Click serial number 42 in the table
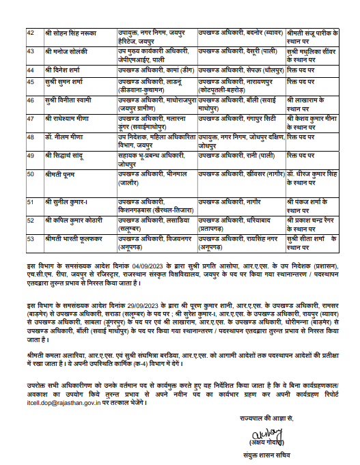point(31,33)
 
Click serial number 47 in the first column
point(31,118)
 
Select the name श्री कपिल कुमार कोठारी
point(72,221)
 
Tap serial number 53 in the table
point(31,238)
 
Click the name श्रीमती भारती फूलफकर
point(71,238)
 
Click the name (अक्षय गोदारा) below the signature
point(265,426)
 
